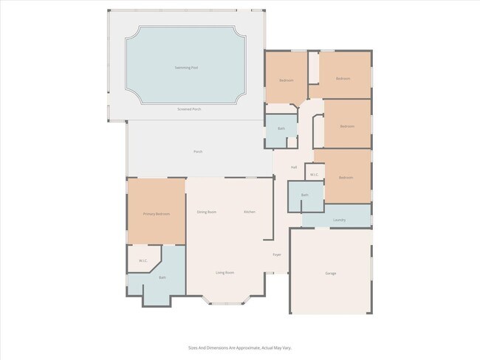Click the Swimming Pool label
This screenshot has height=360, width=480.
[x=186, y=68]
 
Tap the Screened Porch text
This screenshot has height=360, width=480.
[x=189, y=109]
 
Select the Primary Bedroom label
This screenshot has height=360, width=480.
[x=157, y=214]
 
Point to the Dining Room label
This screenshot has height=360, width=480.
[x=207, y=212]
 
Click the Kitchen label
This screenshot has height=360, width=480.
[x=250, y=212]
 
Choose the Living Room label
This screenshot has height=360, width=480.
[x=225, y=273]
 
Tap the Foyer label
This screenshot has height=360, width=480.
[x=277, y=255]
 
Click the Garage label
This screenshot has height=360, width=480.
[x=331, y=274]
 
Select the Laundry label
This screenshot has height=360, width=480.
[x=340, y=220]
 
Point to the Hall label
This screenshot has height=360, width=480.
[x=294, y=167]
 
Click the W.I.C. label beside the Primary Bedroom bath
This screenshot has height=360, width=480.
[x=143, y=260]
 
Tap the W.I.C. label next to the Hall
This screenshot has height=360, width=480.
[x=315, y=175]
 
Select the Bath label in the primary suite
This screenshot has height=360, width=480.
[x=162, y=278]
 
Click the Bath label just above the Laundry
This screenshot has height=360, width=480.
[x=304, y=195]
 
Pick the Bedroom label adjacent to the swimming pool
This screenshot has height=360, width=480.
[x=287, y=80]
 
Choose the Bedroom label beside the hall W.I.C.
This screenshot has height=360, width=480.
[x=346, y=178]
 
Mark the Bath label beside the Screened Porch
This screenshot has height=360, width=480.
[x=281, y=129]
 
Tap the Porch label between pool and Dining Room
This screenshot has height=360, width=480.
[x=198, y=152]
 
